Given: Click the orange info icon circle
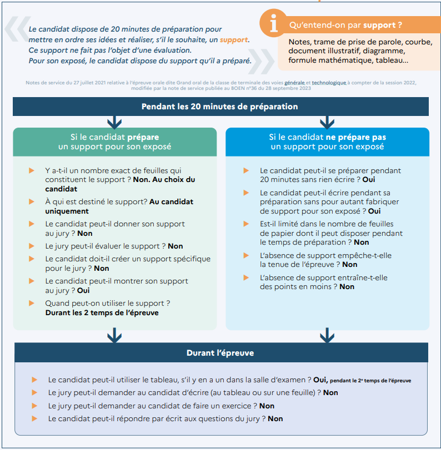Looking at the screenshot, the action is click(x=273, y=23).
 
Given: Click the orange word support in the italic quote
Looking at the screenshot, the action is click(x=234, y=39).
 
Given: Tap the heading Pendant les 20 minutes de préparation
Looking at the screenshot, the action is click(x=220, y=107).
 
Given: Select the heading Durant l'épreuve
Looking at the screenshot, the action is click(x=220, y=353).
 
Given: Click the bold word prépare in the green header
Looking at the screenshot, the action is click(x=143, y=137).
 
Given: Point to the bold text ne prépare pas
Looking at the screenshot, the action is click(x=355, y=137).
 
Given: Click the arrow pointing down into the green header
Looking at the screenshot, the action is click(x=114, y=123).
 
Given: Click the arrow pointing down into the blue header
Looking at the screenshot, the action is click(x=327, y=123).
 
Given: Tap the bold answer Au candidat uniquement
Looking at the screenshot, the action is click(x=119, y=206).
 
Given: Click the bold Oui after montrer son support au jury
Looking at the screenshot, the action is click(x=83, y=290).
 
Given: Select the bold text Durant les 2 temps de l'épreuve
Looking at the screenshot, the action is click(x=102, y=312).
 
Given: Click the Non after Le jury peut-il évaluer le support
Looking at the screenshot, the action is click(x=176, y=246).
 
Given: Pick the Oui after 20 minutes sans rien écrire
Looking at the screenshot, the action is click(x=369, y=180).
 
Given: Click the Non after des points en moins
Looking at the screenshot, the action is click(x=347, y=287).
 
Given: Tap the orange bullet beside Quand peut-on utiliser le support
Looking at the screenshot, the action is click(x=32, y=303).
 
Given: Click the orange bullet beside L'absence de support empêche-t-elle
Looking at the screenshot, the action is click(x=246, y=255).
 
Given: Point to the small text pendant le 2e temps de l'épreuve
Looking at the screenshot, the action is click(x=370, y=381).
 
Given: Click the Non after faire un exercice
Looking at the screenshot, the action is click(x=267, y=406).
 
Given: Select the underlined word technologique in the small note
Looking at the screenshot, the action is click(x=329, y=83).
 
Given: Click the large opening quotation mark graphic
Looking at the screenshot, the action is click(x=18, y=29).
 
